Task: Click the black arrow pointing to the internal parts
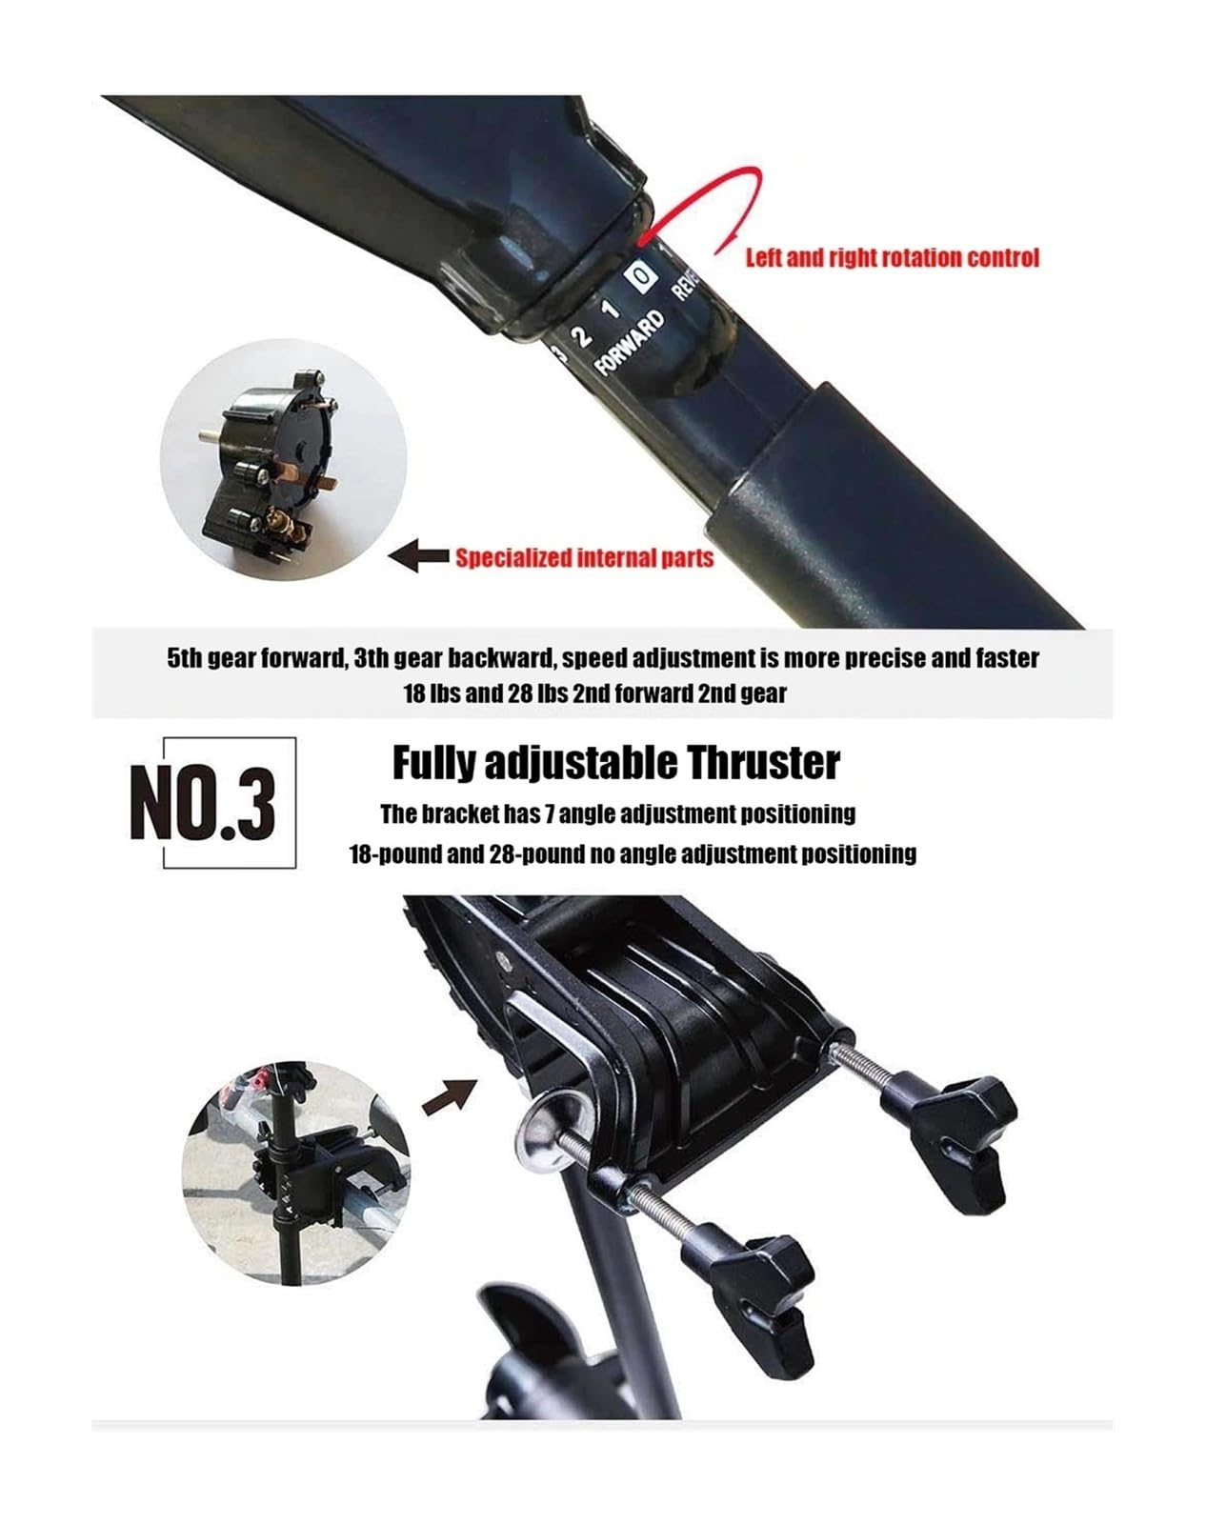point(418,556)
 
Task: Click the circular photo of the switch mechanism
point(283,459)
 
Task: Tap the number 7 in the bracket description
point(549,813)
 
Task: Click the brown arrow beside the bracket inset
point(449,1096)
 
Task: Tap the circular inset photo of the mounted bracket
point(296,1173)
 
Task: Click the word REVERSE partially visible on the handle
point(687,283)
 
